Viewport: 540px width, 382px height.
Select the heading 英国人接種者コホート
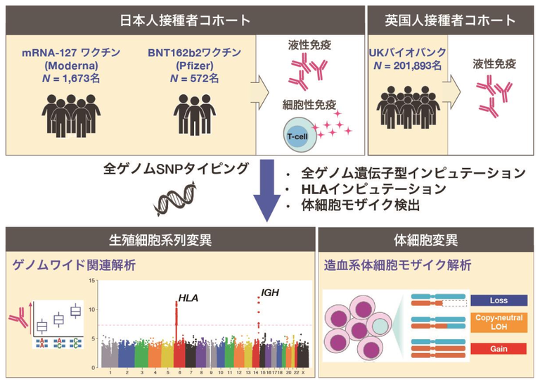pos(451,19)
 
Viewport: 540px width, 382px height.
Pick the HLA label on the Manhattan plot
pos(188,298)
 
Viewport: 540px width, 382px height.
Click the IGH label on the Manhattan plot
pos(269,289)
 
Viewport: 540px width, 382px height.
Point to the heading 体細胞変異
pos(426,241)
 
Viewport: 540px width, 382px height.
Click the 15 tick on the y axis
pos(91,281)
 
